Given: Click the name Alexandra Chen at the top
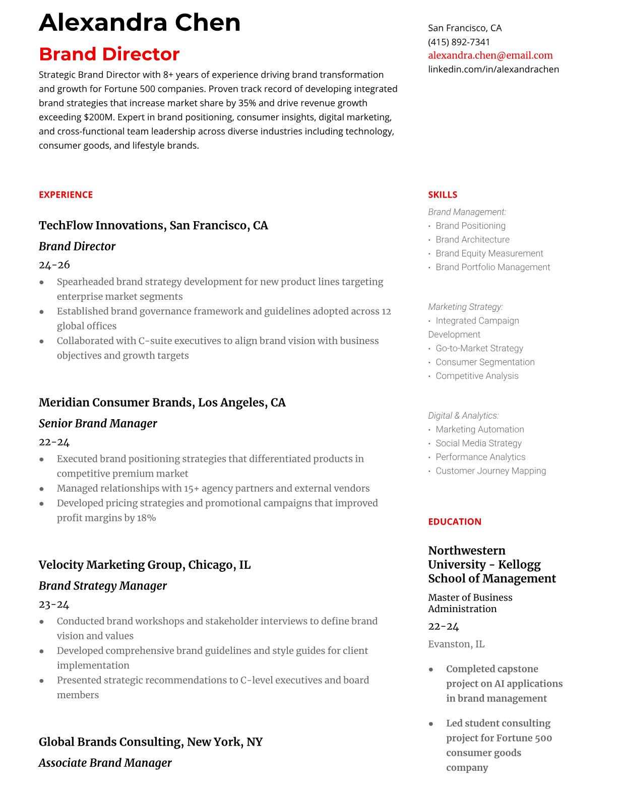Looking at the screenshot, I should point(140,23).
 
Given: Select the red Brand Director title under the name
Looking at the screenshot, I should point(109,54).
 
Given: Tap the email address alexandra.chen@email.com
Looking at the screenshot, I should point(490,55).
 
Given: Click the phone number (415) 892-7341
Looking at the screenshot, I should point(459,42).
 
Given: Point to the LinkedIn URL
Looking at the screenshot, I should point(493,69).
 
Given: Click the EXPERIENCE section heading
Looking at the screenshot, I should point(66,195).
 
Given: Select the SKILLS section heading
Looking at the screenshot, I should point(442,195).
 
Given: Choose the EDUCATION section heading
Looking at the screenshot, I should point(454,522).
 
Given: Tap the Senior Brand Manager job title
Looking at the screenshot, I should point(98,424).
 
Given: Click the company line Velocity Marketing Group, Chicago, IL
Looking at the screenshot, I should point(144,565).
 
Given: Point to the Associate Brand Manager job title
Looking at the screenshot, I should point(105,763).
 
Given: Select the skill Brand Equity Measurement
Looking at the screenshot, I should point(489,253).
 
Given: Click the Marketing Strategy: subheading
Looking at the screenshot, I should point(465,307).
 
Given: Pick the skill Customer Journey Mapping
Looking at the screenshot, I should point(490,471).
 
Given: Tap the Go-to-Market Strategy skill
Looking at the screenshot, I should point(479,348).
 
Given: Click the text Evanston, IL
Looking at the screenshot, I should point(456,644).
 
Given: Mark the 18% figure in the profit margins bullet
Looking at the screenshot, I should point(146,518).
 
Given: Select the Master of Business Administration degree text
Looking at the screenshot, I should point(470,603).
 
